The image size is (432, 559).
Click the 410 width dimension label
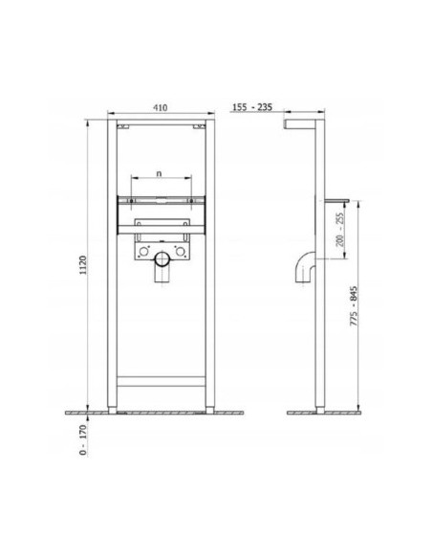(x=161, y=107)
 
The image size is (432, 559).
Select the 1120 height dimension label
(x=83, y=265)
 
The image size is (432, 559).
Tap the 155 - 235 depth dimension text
(x=252, y=107)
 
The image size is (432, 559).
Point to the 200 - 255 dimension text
(x=340, y=230)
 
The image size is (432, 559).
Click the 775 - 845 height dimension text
(x=354, y=305)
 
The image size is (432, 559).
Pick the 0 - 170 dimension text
(x=83, y=440)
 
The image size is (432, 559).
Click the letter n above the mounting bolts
(x=159, y=173)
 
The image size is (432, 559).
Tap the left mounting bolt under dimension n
(x=131, y=201)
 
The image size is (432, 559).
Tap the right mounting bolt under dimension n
(x=191, y=201)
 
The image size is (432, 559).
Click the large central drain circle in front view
(x=162, y=259)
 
